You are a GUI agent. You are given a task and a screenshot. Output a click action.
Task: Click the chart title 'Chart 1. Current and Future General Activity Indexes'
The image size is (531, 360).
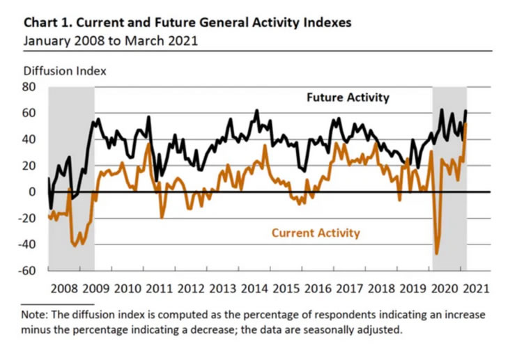click(x=187, y=22)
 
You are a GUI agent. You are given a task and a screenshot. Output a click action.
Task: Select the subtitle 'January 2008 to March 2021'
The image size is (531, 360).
click(x=110, y=40)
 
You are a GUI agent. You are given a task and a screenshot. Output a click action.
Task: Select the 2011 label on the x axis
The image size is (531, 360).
click(x=160, y=288)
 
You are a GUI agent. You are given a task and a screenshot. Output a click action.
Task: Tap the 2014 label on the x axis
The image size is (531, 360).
click(x=255, y=288)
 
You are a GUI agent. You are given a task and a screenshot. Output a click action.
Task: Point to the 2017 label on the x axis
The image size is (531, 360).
click(x=351, y=288)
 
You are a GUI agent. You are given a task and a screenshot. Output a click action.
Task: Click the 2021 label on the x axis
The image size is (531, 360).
click(x=477, y=288)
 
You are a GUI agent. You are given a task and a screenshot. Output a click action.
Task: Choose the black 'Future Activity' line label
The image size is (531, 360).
click(x=348, y=97)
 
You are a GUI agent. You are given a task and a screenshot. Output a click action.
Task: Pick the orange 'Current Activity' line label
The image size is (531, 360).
click(x=316, y=233)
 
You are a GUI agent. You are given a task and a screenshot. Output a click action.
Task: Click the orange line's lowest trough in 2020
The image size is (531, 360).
click(x=437, y=254)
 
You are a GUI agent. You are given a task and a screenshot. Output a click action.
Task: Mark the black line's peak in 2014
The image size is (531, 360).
click(x=257, y=110)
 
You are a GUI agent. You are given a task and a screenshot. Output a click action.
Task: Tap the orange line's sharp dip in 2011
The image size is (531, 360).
click(x=162, y=217)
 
